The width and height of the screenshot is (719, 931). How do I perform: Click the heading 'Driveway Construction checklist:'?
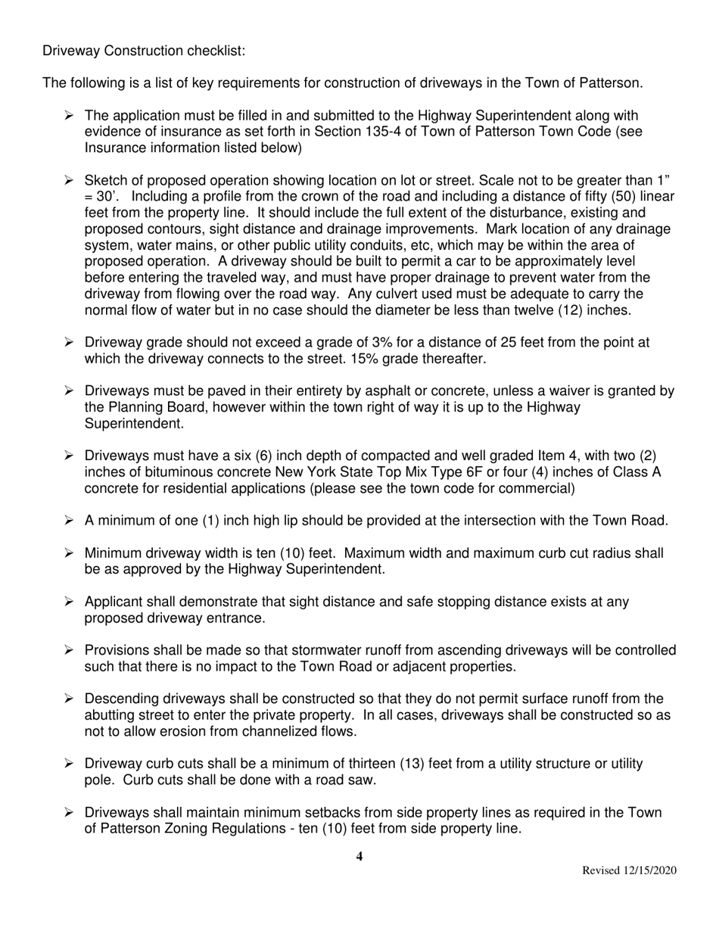(x=144, y=51)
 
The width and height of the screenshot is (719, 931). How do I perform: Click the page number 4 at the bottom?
(x=359, y=857)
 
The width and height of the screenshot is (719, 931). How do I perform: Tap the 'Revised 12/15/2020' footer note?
(x=629, y=871)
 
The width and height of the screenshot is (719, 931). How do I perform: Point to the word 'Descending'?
(x=121, y=699)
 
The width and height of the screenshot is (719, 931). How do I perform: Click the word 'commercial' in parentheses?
(x=537, y=489)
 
